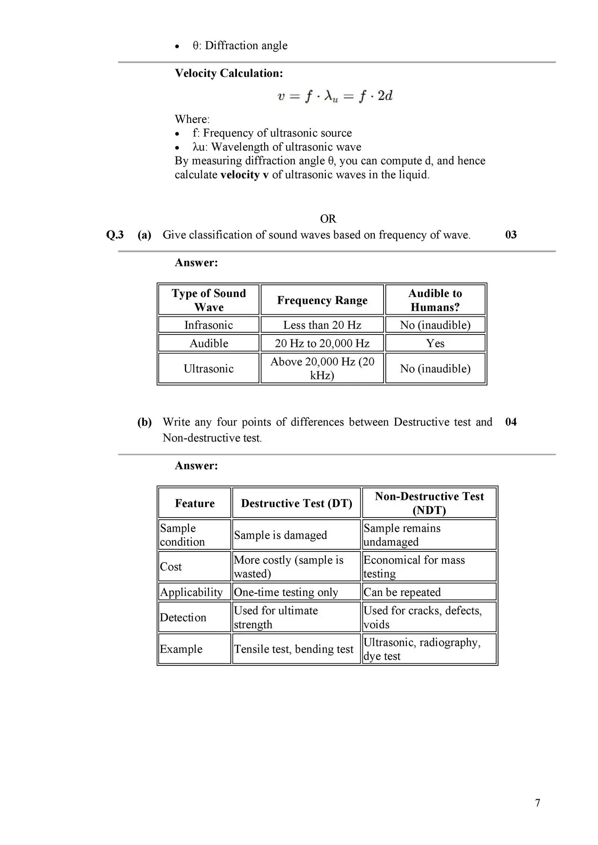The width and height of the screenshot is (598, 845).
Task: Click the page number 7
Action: coord(537,803)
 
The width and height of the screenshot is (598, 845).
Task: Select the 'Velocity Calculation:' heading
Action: coord(229,73)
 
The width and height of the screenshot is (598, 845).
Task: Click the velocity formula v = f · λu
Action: coord(335,96)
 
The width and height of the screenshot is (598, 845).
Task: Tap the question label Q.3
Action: coord(115,235)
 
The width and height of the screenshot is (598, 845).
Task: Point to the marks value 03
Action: coord(511,235)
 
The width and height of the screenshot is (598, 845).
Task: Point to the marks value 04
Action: coord(511,422)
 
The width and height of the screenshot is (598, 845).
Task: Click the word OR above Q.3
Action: coord(328,219)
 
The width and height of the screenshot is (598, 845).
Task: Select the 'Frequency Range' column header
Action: coord(322,300)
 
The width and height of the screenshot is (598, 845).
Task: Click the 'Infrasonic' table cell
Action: coord(208,325)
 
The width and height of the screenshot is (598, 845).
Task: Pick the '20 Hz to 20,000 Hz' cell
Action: coord(322,343)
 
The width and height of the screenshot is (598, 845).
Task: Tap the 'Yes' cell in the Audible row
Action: coord(435,343)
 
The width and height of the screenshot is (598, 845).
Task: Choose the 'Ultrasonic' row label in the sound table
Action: coord(208,368)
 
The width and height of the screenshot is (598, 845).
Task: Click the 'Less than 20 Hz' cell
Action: coord(322,325)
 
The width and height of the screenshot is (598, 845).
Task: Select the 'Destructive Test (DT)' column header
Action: coord(296,503)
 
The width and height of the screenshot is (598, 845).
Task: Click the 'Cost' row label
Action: coord(171,566)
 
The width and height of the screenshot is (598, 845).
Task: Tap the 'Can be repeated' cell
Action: coord(402,592)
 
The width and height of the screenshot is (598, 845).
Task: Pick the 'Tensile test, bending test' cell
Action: coord(293,649)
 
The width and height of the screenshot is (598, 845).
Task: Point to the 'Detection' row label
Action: coord(183,617)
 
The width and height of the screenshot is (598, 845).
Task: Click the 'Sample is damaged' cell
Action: coord(280,535)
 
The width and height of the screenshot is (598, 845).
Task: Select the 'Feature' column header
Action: coord(195,503)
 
